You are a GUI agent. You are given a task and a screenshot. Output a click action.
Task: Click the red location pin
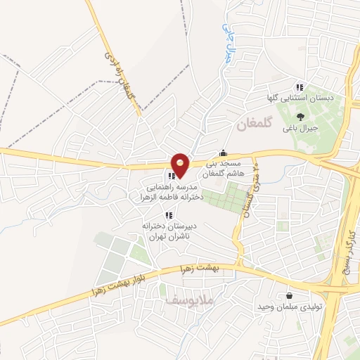click(180, 165)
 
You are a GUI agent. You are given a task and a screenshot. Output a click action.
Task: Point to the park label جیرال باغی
click(301, 129)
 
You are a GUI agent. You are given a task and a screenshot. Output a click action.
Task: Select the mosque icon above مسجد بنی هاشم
click(224, 153)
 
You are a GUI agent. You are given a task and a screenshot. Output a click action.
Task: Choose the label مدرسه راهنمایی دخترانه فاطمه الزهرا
click(175, 193)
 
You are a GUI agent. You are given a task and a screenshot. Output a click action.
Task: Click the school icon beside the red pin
click(171, 176)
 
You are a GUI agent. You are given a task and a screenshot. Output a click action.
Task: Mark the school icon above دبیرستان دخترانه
click(167, 215)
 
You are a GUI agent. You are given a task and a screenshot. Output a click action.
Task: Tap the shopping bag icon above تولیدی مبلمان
click(289, 296)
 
